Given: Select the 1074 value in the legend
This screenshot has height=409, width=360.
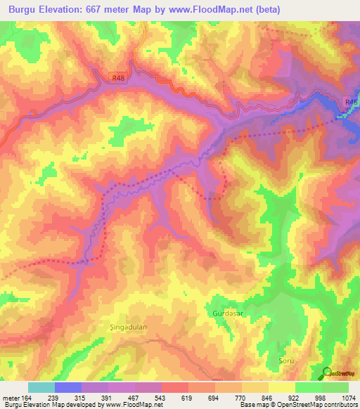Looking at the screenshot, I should pyautogui.click(x=347, y=397).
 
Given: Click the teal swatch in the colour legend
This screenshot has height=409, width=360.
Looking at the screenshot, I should pyautogui.click(x=41, y=387).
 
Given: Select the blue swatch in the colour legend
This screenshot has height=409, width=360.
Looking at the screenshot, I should pyautogui.click(x=68, y=387).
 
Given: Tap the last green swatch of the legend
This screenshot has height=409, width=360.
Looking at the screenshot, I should pyautogui.click(x=335, y=387).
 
